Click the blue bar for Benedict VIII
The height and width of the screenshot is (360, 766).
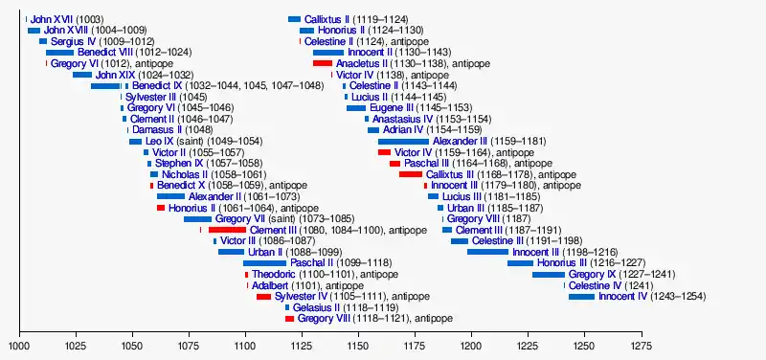[x=59, y=53]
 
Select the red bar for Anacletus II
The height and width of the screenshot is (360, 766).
[x=323, y=63]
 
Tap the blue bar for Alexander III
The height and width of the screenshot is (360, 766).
[x=403, y=142]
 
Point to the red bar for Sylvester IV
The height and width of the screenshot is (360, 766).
[x=264, y=297]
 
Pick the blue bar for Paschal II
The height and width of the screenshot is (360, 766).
[x=264, y=263]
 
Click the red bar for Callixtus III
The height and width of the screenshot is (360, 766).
[x=411, y=174]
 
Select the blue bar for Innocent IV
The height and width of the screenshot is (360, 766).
[x=581, y=297]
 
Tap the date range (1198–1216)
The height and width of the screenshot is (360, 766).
[x=590, y=253]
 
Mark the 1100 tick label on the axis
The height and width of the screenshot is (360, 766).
[x=245, y=347]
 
